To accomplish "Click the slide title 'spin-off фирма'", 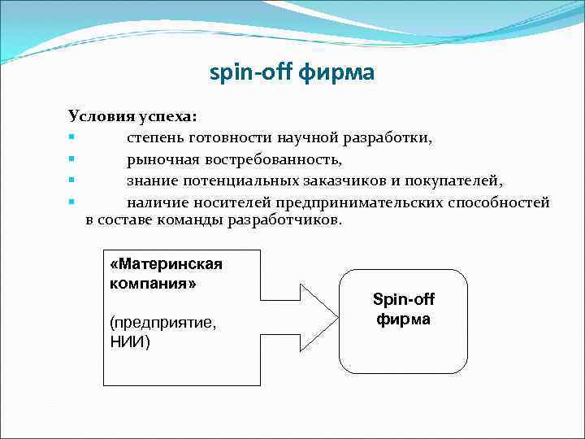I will [x=292, y=74].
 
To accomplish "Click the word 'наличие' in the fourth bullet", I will [x=155, y=201].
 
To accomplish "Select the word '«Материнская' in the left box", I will [x=166, y=265].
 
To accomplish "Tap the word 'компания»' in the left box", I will [x=153, y=284].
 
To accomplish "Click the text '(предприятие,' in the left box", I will [x=162, y=323].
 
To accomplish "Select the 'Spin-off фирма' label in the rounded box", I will [x=403, y=309].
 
